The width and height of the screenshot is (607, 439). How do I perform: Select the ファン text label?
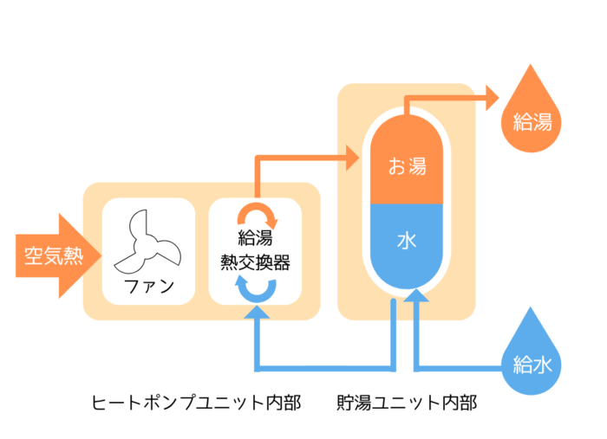coord(148,287)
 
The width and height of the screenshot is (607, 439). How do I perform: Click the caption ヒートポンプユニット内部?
coord(196,403)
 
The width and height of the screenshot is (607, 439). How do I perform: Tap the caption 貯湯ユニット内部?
coord(407,403)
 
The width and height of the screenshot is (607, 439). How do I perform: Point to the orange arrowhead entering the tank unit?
coord(350,158)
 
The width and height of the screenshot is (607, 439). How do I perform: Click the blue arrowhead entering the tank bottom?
coord(418,295)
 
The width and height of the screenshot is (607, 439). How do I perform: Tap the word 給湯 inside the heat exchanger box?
coord(255,238)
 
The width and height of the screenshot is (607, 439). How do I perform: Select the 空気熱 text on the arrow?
coord(49,255)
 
